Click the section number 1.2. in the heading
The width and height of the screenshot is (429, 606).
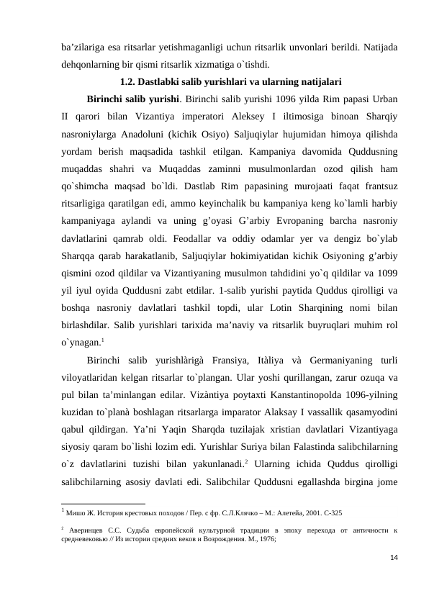click(x=128, y=80)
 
